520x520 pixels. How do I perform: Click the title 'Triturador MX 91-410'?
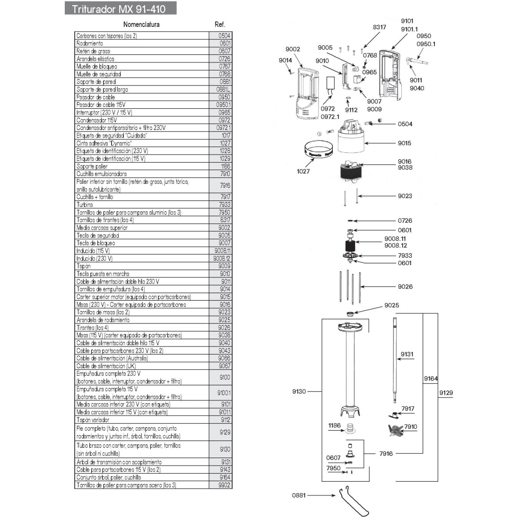(x=119, y=9)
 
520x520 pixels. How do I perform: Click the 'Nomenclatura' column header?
(x=141, y=24)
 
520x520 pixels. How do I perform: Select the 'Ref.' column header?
(x=220, y=24)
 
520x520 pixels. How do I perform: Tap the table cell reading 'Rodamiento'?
(x=90, y=43)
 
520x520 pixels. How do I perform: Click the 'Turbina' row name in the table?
(x=85, y=205)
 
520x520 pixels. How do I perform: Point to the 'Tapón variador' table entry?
(x=93, y=420)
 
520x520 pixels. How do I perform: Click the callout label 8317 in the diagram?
(x=379, y=27)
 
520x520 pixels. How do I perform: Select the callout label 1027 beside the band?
(x=303, y=171)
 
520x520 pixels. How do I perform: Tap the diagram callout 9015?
(x=404, y=143)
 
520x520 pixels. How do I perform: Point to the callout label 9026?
(x=405, y=286)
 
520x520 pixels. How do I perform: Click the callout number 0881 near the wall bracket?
(x=299, y=495)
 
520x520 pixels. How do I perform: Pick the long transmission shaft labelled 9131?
(x=394, y=359)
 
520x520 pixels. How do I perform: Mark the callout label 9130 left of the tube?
(x=299, y=391)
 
